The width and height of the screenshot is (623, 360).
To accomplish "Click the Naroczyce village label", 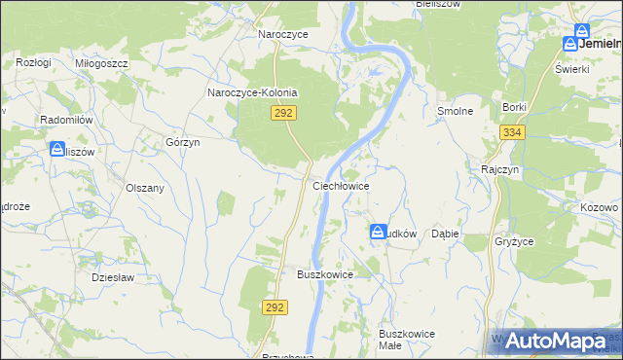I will tap(282, 34).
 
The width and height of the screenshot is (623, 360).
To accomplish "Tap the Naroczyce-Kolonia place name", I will tap(252, 93).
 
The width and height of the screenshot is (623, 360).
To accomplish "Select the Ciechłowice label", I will tap(340, 184).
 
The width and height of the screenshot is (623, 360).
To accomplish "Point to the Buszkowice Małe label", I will tap(406, 340).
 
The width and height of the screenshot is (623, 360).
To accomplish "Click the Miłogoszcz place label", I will tap(101, 62).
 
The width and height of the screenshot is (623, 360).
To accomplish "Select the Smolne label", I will tap(455, 111).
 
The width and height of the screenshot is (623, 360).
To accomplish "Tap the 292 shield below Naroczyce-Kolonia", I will tap(283, 114).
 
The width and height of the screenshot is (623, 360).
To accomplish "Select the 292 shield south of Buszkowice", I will tap(275, 307).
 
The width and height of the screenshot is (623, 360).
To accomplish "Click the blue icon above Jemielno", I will tap(582, 31).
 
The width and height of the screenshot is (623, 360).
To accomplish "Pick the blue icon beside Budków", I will tap(377, 233).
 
